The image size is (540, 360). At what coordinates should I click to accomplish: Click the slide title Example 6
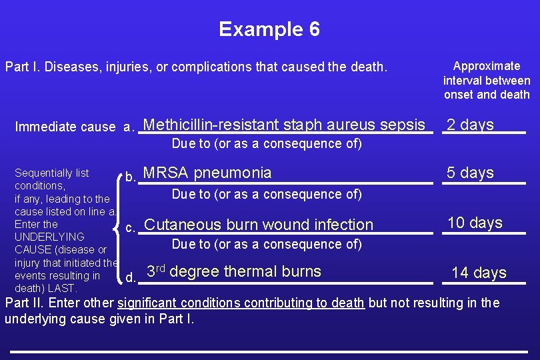(269, 29)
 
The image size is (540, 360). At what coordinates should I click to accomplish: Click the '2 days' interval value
(470, 125)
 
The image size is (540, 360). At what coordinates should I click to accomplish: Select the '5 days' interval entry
(470, 173)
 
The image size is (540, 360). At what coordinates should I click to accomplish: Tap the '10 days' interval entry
(475, 223)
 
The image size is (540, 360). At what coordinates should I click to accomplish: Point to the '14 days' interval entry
(479, 273)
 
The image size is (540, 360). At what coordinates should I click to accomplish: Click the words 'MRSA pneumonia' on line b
(207, 173)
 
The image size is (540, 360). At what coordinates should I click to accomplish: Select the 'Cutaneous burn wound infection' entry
(259, 225)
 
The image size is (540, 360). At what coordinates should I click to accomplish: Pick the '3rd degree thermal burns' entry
(233, 271)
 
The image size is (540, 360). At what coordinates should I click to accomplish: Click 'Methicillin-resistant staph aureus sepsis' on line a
(284, 125)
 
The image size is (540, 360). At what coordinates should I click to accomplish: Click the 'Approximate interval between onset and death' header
(487, 80)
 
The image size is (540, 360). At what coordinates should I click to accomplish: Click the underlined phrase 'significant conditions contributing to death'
(241, 303)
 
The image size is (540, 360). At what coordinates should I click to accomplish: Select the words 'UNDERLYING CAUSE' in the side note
(50, 243)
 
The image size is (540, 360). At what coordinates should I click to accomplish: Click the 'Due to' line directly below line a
(267, 143)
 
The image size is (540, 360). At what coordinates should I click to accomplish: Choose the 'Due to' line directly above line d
(267, 244)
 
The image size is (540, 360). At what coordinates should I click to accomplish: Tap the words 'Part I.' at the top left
(21, 67)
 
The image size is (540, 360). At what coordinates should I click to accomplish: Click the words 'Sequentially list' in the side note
(51, 173)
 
